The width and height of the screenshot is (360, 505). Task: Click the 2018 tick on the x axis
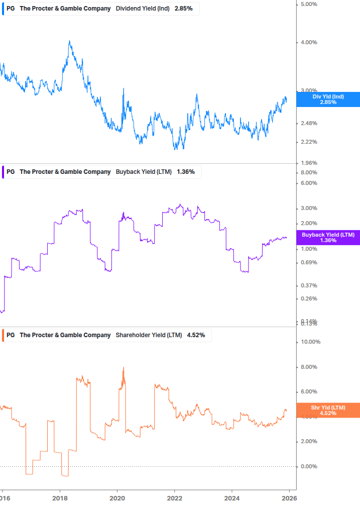pos(60,498)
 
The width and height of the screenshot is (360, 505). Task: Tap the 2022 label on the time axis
pos(174,498)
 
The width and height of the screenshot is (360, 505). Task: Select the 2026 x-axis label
pos(289,498)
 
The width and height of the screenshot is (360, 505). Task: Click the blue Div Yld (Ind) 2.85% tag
pos(328,99)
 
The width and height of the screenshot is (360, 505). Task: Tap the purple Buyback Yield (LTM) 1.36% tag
pos(328,238)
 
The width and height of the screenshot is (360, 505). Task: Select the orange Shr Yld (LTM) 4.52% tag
pos(328,410)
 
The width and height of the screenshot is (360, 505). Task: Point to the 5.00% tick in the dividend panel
pos(308,4)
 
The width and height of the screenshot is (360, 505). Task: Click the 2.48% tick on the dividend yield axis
pos(308,124)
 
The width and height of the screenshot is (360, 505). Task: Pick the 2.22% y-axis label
pos(308,142)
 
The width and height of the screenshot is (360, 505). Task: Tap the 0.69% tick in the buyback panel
pos(308,263)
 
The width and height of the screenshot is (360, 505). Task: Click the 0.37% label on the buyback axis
pos(308,286)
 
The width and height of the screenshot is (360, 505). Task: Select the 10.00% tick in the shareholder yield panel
pos(310,342)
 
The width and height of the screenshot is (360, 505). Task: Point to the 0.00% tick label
pos(308,467)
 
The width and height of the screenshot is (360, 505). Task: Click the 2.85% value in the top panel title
pos(183,9)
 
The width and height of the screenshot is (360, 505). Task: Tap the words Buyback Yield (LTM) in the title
pos(143,172)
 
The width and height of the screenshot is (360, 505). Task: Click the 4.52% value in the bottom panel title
pos(195,335)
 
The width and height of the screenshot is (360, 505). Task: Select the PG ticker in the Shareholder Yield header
pos(11,335)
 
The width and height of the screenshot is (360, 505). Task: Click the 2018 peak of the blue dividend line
pos(69,41)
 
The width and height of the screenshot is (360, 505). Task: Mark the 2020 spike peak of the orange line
pos(124,368)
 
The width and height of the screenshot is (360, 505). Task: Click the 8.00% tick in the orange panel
pos(308,367)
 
